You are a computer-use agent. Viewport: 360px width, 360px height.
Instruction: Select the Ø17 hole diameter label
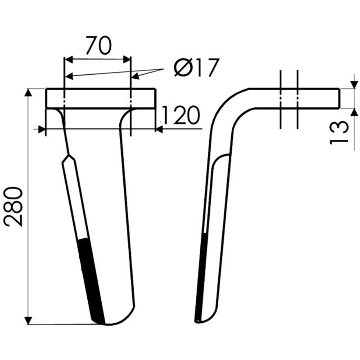tap(196, 68)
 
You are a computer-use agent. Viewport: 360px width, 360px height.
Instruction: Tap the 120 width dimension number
tap(180, 116)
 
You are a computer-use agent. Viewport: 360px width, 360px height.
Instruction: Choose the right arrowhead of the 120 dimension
tap(158, 130)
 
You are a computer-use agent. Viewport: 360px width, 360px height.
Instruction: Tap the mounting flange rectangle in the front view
tap(101, 98)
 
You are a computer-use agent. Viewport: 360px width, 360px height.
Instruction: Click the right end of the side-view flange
tap(338, 98)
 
